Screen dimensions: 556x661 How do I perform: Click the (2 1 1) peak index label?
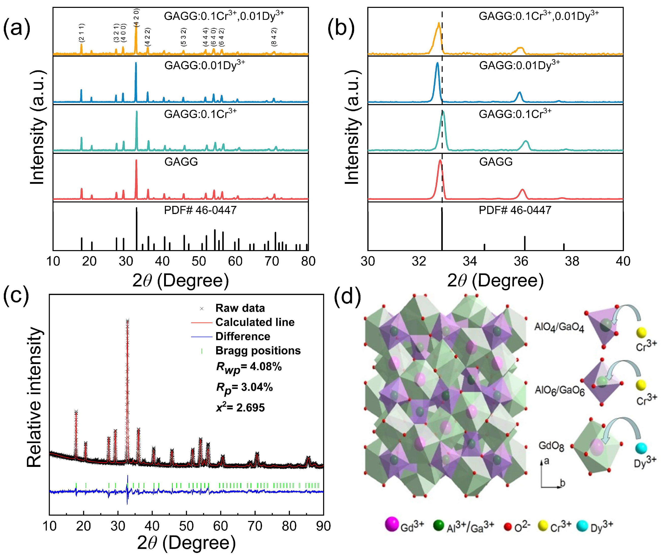[x=81, y=33]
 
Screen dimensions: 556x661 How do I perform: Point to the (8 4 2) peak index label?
[x=274, y=37]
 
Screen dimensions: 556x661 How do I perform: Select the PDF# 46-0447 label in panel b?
[x=515, y=210]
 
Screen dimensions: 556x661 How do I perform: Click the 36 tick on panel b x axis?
[x=521, y=261]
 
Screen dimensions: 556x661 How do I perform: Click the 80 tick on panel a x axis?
[x=308, y=261]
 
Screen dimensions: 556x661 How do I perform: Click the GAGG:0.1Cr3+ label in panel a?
[x=200, y=113]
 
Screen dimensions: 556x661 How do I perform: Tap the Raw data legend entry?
[x=240, y=308]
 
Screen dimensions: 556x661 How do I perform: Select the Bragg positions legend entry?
[x=258, y=351]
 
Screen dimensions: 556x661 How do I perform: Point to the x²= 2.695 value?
[x=240, y=407]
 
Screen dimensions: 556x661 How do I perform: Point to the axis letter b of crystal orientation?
[x=562, y=483]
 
